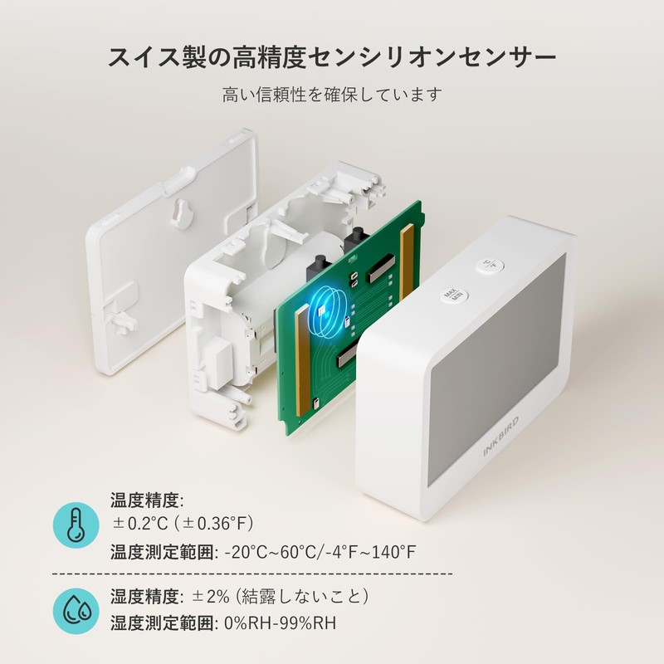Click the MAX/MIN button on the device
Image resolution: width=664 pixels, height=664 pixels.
click(452, 295)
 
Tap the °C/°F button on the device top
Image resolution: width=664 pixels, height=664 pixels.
click(490, 265)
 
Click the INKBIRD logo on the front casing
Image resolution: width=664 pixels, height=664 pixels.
click(501, 437)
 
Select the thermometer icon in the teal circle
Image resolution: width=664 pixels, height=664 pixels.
click(76, 525)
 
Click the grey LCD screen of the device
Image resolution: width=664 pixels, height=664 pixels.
click(496, 370)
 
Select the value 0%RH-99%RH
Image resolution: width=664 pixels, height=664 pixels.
click(280, 623)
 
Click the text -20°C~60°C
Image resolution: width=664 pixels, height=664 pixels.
click(270, 552)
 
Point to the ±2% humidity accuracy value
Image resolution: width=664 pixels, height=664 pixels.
click(211, 597)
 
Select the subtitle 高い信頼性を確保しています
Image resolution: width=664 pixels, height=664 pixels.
click(332, 95)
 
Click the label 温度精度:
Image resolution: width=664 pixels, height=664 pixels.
click(147, 500)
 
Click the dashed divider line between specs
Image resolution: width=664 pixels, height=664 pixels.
click(252, 574)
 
